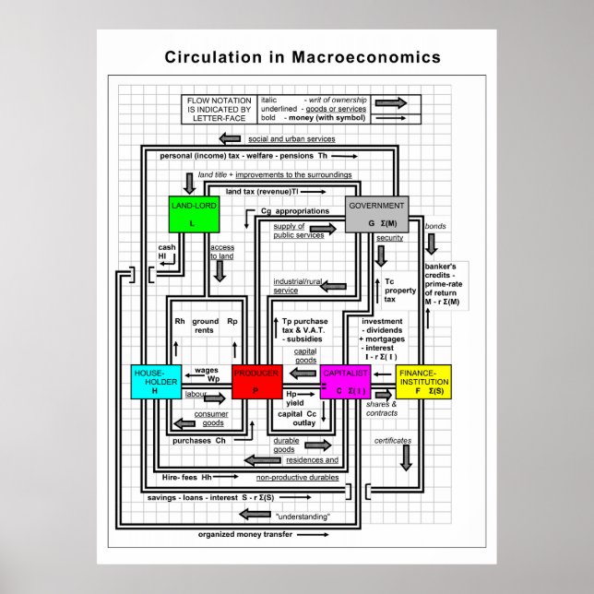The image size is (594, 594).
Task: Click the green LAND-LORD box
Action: (193, 214)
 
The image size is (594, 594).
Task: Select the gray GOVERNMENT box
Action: (375, 214)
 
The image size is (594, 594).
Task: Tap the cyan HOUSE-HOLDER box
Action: (157, 381)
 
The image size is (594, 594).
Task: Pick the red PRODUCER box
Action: (256, 381)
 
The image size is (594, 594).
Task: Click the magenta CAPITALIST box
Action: (345, 381)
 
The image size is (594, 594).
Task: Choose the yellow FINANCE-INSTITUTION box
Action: (423, 381)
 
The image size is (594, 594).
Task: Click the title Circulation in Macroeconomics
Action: (303, 57)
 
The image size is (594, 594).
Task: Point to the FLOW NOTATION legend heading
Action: (213, 108)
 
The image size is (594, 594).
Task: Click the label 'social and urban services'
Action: (291, 139)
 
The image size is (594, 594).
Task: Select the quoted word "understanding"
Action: (302, 517)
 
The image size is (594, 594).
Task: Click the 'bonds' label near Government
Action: (434, 226)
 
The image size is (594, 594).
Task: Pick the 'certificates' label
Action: (393, 441)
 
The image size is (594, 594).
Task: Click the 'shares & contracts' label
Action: (382, 409)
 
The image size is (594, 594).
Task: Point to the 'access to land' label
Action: (221, 253)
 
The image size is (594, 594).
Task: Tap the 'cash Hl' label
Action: (167, 252)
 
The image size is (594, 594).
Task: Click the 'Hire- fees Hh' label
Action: (187, 477)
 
